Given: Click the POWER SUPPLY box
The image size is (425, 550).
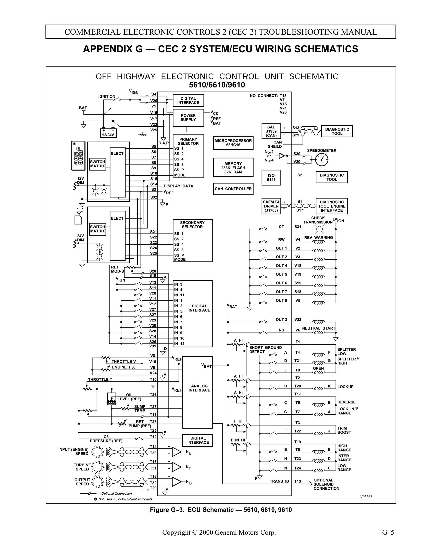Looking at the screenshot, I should click(188, 118).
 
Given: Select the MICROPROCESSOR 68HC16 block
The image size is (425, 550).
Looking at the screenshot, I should click(233, 143).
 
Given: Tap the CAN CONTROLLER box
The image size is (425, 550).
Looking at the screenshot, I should click(233, 189).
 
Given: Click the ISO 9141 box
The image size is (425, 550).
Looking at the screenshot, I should click(271, 177).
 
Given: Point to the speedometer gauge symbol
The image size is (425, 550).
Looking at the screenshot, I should click(321, 160).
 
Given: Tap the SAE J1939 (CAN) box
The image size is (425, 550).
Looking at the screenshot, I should click(271, 131).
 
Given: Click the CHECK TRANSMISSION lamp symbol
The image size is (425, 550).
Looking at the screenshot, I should click(319, 229).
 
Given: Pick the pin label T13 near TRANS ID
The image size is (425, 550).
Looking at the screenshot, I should click(298, 481).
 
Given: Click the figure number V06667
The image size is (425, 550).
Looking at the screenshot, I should click(366, 497).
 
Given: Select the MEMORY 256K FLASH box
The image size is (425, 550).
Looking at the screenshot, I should click(233, 168).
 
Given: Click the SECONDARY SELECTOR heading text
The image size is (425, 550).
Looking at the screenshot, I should click(192, 225).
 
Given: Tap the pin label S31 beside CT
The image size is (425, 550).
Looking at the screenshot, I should click(298, 227).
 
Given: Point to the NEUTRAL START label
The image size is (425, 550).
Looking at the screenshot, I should click(319, 328).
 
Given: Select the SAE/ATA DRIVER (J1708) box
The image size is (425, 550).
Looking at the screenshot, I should click(271, 206).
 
